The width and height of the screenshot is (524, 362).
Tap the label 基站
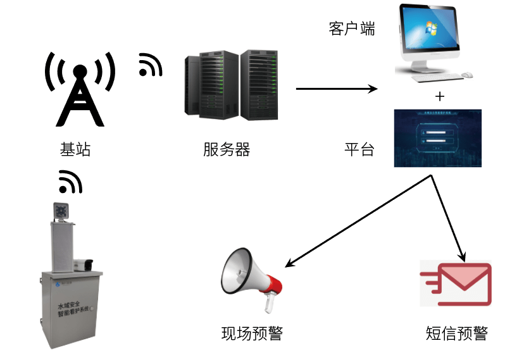coord(75,150)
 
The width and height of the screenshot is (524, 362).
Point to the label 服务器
coord(227,150)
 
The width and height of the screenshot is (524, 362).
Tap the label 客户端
coord(352,29)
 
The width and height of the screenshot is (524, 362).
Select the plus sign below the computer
coord(440,96)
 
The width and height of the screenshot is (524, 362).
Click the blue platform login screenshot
coord(438,138)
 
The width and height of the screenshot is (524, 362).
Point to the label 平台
coord(359,150)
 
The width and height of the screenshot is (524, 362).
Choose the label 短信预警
coord(457,334)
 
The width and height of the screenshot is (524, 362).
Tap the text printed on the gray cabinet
coord(70,309)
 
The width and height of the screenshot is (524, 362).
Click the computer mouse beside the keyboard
coord(467,75)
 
